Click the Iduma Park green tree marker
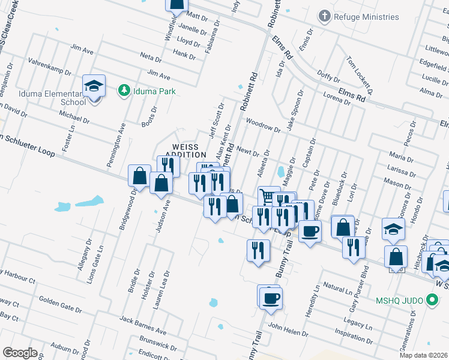pyautogui.click(x=125, y=91)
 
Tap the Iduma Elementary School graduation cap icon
pyautogui.click(x=94, y=87)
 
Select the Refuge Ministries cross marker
pyautogui.click(x=325, y=16)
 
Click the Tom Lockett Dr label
pyautogui.click(x=360, y=75)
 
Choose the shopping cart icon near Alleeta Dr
pyautogui.click(x=268, y=196)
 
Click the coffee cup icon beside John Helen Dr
pyautogui.click(x=270, y=298)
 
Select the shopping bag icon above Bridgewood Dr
pyautogui.click(x=139, y=176)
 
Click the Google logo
pyautogui.click(x=20, y=353)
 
